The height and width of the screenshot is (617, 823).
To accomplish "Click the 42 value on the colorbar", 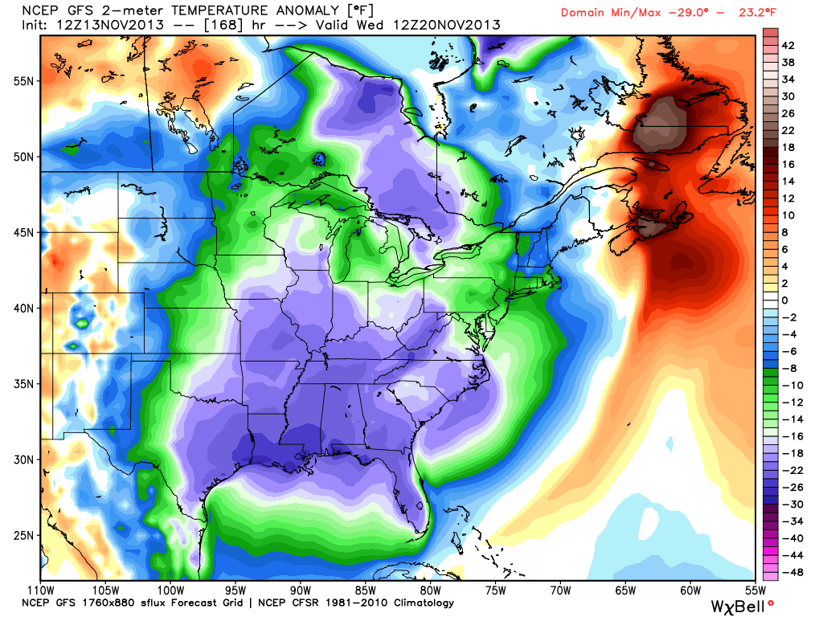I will point(789,45).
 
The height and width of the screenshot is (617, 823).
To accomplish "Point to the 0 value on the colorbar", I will point(786,300).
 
